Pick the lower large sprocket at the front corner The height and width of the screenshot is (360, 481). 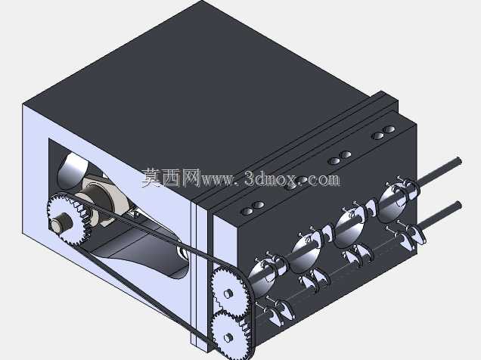click(x=229, y=337)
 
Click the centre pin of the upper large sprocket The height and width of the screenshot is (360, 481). click(x=228, y=293)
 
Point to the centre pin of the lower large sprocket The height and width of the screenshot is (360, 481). click(x=228, y=337)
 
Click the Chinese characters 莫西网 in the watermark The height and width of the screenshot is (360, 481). click(x=171, y=178)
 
